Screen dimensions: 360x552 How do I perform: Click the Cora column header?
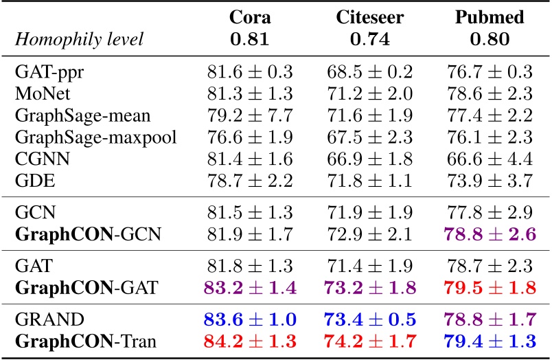(x=249, y=17)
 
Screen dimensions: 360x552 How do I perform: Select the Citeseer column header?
(x=369, y=17)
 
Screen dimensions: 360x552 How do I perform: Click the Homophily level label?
(x=79, y=39)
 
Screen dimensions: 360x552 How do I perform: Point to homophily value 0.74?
(x=369, y=39)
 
